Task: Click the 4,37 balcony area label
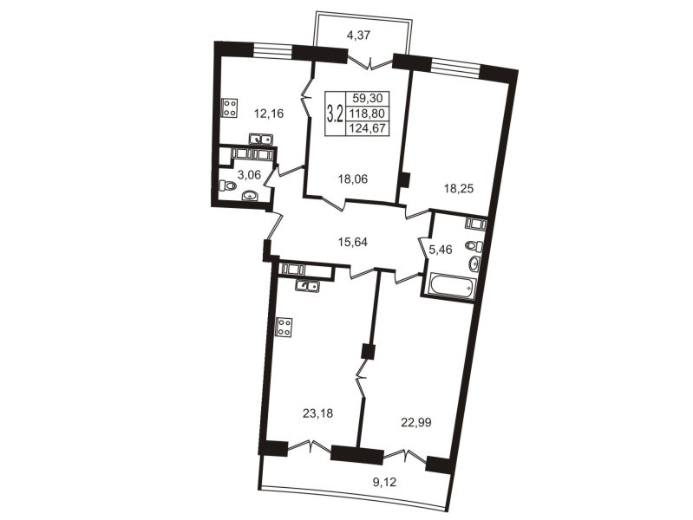358,36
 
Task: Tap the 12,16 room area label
268,114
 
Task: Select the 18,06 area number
353,179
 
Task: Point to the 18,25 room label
458,189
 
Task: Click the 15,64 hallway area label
353,242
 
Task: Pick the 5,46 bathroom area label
441,250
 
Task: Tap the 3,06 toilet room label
249,175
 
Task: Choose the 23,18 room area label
317,413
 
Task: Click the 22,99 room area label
416,423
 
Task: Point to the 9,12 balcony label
385,482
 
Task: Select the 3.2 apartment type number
335,114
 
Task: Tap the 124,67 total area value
367,129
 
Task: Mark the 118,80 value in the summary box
367,114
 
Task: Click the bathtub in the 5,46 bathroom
450,285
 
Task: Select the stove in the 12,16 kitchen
229,107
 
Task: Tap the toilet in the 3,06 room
227,185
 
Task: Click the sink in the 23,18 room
308,286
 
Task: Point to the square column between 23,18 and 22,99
368,352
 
